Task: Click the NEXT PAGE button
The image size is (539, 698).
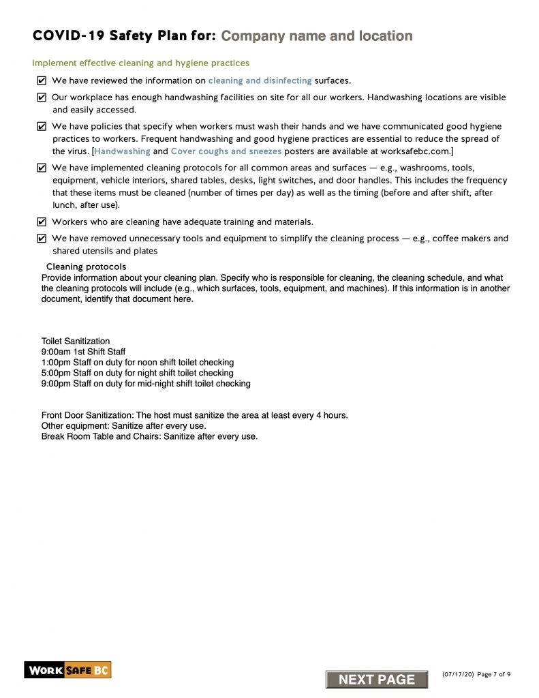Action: pos(376,679)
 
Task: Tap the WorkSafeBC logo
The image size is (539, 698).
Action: pos(67,670)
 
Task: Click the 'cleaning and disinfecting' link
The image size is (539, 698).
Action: pos(260,80)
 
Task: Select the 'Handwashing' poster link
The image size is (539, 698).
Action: pos(123,151)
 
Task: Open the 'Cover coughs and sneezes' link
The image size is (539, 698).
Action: pos(226,151)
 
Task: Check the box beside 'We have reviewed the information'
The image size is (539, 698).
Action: pos(42,80)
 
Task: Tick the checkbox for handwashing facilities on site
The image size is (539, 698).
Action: pos(42,97)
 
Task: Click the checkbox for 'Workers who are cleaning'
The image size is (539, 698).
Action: pos(42,222)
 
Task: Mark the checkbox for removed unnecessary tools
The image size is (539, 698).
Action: pos(42,239)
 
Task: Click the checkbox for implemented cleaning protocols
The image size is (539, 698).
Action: pos(42,168)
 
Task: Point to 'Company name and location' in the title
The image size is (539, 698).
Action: pos(317,36)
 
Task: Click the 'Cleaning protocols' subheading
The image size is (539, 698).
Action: pos(86,267)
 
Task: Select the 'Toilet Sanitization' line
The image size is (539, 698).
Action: pos(76,341)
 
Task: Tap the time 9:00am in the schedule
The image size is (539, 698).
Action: pos(56,352)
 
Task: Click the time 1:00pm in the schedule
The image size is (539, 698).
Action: pos(56,362)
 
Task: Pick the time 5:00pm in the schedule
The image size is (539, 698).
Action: pos(56,373)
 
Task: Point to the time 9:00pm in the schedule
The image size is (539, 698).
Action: pos(56,384)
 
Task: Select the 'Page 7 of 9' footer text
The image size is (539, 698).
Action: pos(490,674)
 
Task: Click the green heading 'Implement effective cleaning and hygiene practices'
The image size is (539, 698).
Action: pos(140,63)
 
